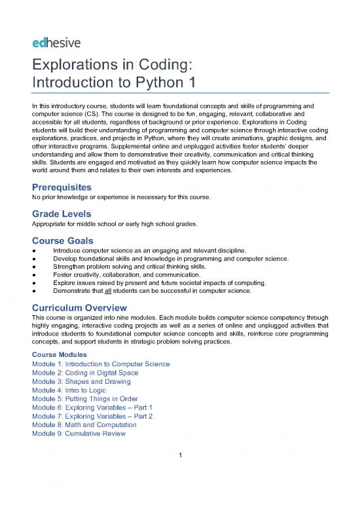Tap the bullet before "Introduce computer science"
coord(33,250)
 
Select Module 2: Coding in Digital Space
coord(85,373)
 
